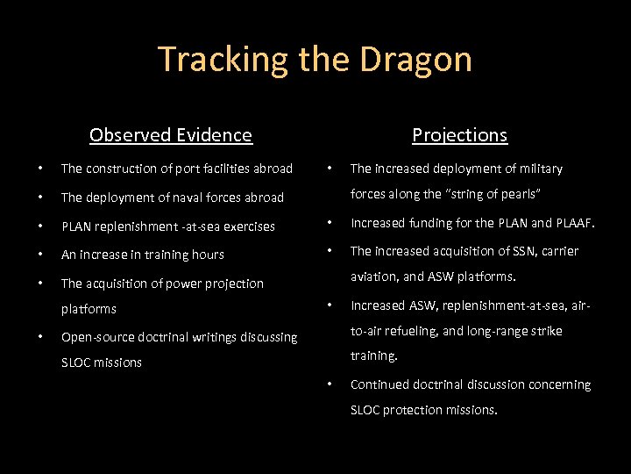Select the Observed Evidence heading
tap(171, 135)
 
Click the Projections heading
tap(459, 135)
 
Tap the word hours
tap(208, 255)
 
